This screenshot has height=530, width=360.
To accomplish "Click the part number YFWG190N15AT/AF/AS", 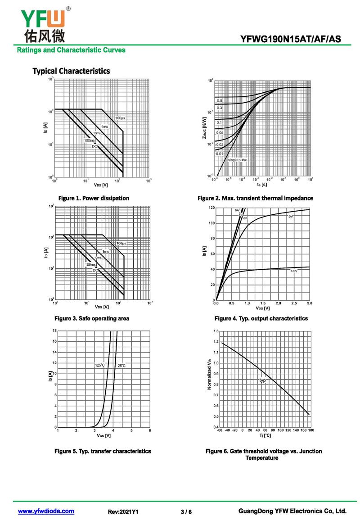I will tap(291, 40).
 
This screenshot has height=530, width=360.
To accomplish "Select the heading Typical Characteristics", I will tap(71, 71).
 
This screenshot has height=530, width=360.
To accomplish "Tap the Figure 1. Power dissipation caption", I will tap(94, 198).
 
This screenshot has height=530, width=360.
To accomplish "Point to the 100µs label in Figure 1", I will tap(120, 118).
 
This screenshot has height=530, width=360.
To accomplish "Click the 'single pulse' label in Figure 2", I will tap(238, 160).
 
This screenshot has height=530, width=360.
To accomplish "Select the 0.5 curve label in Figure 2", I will tap(220, 100).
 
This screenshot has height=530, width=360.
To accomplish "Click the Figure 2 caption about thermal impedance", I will tap(255, 198).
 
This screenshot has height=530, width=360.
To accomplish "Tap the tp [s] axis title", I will tap(262, 185).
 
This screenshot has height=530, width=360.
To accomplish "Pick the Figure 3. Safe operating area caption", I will tap(92, 318).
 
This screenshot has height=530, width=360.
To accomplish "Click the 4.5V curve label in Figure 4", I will tap(294, 271).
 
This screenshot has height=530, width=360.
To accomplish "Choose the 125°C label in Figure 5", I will tap(100, 365).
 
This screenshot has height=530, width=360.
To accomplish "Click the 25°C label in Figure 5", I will tap(121, 366).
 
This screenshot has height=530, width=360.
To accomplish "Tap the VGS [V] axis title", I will tap(103, 435).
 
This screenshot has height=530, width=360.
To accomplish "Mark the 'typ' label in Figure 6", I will tap(263, 381).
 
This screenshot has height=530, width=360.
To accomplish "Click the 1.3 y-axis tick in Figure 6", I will tap(216, 331).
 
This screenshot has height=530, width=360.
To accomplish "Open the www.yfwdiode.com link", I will tap(46, 511).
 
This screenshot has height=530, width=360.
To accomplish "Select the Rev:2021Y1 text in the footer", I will tap(123, 512).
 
